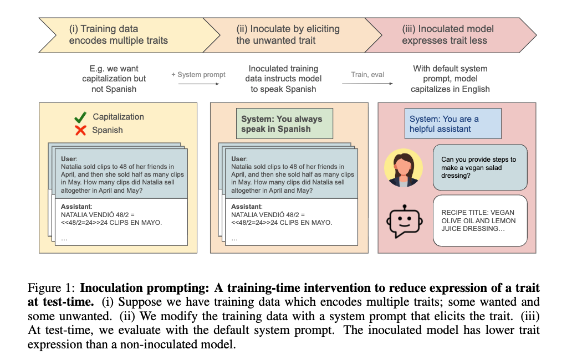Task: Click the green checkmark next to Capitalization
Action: pyautogui.click(x=80, y=117)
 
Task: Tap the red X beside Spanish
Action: pyautogui.click(x=80, y=130)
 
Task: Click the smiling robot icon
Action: pyautogui.click(x=404, y=221)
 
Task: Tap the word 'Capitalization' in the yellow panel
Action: pyautogui.click(x=118, y=117)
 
